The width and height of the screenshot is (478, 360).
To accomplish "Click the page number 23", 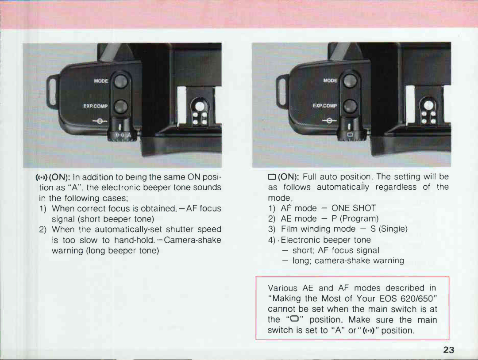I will click(x=448, y=350).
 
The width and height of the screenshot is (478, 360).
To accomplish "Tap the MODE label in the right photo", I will click(x=330, y=80).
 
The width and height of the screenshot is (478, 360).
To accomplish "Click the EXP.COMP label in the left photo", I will click(x=96, y=106).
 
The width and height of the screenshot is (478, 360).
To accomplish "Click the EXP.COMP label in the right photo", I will click(x=325, y=106).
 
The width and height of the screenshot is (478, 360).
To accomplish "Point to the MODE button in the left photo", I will click(x=121, y=81).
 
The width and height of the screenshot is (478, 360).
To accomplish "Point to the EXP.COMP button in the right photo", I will click(x=350, y=106).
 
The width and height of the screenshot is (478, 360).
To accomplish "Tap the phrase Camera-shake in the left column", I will click(x=198, y=240).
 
